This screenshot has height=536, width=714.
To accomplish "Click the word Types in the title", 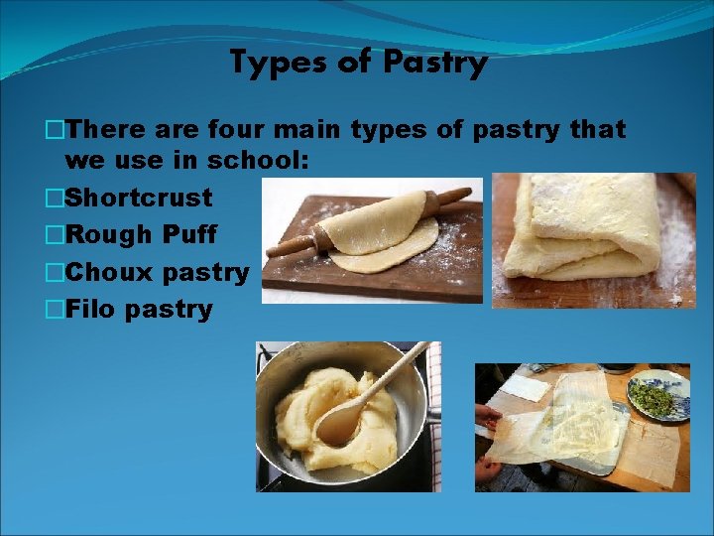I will pyautogui.click(x=272, y=64).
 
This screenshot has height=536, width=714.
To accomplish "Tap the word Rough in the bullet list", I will pyautogui.click(x=106, y=235).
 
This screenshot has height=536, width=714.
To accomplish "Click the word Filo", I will pyautogui.click(x=90, y=310).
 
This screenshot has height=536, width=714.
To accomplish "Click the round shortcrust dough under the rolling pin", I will pyautogui.click(x=382, y=253).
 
